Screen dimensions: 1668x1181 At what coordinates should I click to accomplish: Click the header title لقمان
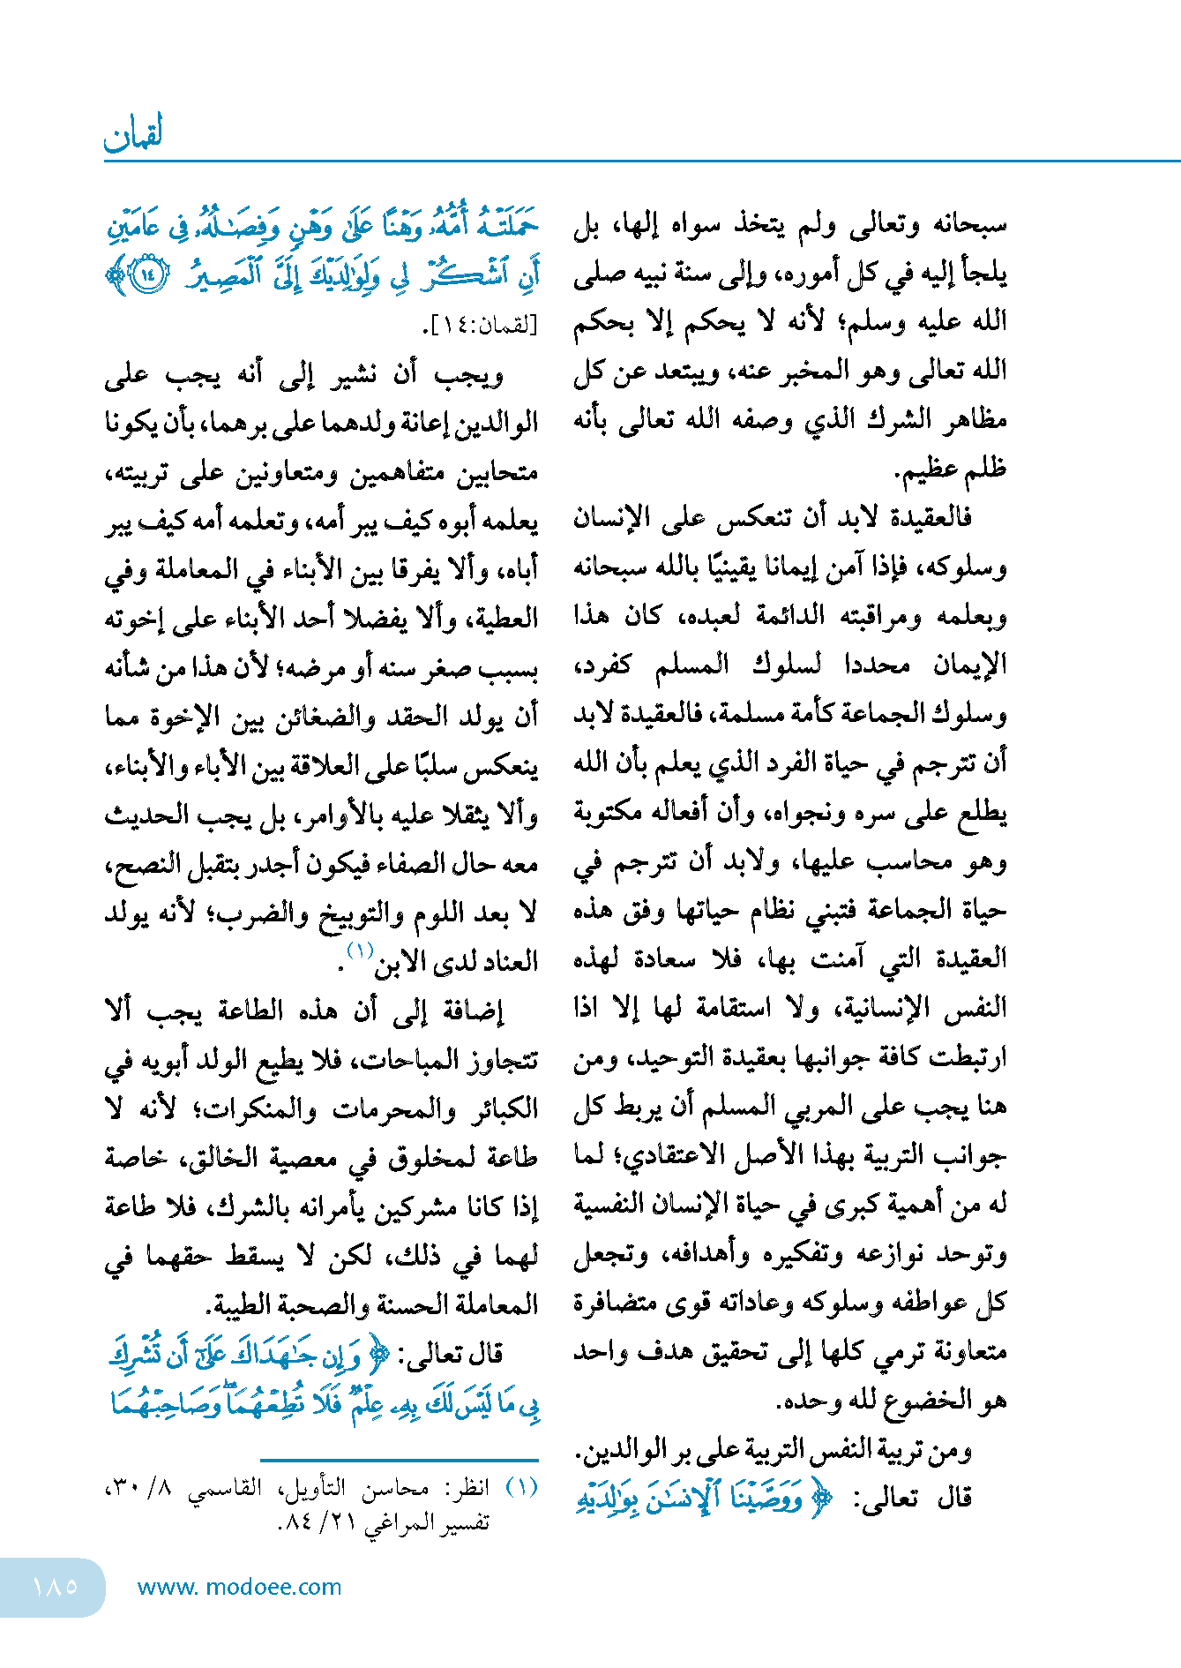[133, 135]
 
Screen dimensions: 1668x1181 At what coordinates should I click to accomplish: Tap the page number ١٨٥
[55, 1586]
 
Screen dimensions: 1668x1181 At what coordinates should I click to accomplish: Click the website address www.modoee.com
[239, 1587]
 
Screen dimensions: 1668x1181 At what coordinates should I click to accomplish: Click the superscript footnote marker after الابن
[361, 950]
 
